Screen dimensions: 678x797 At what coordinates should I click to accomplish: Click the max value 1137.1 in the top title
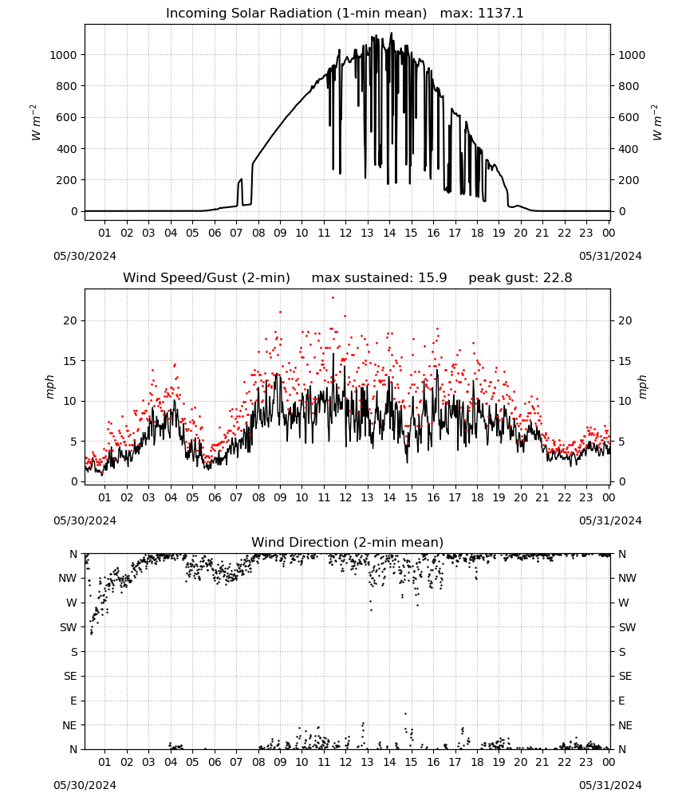click(500, 14)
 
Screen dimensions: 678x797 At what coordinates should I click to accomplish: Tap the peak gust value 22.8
click(558, 278)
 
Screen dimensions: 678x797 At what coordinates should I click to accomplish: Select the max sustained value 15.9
click(432, 278)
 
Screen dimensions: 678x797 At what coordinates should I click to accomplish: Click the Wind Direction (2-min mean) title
click(348, 542)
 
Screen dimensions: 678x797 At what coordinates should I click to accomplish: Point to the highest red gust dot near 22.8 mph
click(333, 298)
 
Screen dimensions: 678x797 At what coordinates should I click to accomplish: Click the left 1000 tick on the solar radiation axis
click(64, 55)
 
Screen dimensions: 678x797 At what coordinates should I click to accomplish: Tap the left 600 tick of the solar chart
click(67, 117)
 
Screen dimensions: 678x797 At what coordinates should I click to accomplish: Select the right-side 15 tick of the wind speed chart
click(625, 361)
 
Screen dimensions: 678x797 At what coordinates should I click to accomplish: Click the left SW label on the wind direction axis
click(69, 627)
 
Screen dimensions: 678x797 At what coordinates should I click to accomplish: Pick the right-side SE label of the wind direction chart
click(625, 676)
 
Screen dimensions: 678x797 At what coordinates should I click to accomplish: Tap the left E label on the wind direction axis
click(73, 701)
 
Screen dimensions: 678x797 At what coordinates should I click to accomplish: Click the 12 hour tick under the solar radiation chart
click(345, 233)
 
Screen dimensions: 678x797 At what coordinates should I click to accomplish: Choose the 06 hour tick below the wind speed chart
click(215, 497)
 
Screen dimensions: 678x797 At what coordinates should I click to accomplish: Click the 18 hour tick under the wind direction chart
click(477, 763)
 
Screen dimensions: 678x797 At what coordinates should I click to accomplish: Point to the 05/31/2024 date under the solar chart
click(610, 256)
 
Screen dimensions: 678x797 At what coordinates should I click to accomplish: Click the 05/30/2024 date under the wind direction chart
click(85, 785)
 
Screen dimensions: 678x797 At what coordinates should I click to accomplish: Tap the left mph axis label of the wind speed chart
click(49, 387)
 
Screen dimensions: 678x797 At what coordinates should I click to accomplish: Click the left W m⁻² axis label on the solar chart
click(35, 123)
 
